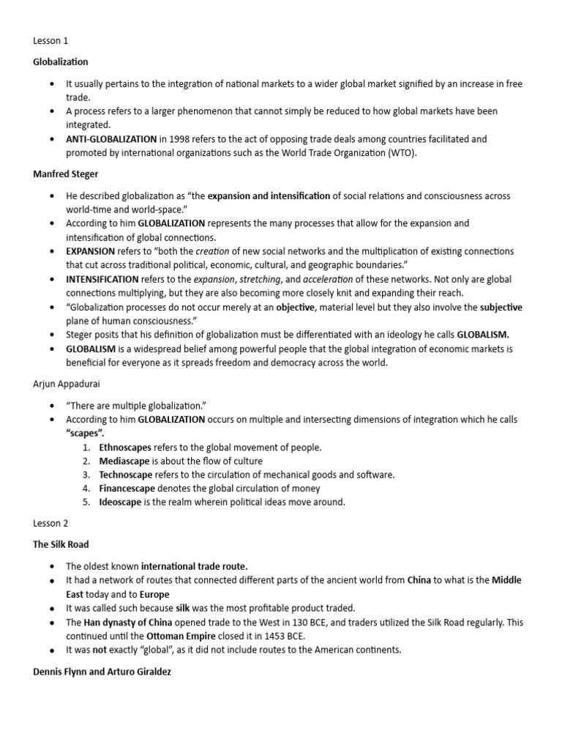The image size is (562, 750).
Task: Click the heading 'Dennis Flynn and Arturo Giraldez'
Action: [x=102, y=671]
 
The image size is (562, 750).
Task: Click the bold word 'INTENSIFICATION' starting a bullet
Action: [x=102, y=280]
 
